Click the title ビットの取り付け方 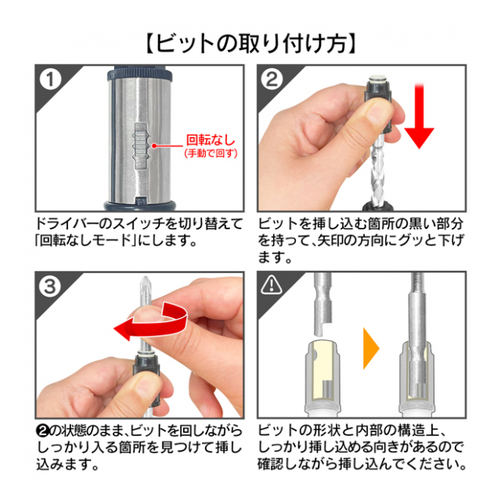[250, 43]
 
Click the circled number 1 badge [50, 80]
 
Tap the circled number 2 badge [272, 80]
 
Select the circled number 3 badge [50, 287]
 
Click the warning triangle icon [272, 284]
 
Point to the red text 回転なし [211, 140]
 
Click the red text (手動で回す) [211, 153]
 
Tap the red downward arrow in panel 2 [420, 116]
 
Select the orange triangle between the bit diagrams [371, 348]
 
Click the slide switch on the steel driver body [141, 146]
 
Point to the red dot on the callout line [153, 146]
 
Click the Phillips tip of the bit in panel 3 [146, 284]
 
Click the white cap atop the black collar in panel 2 [378, 78]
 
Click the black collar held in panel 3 [146, 380]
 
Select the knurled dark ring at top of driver [139, 75]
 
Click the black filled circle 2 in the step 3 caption [43, 431]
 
